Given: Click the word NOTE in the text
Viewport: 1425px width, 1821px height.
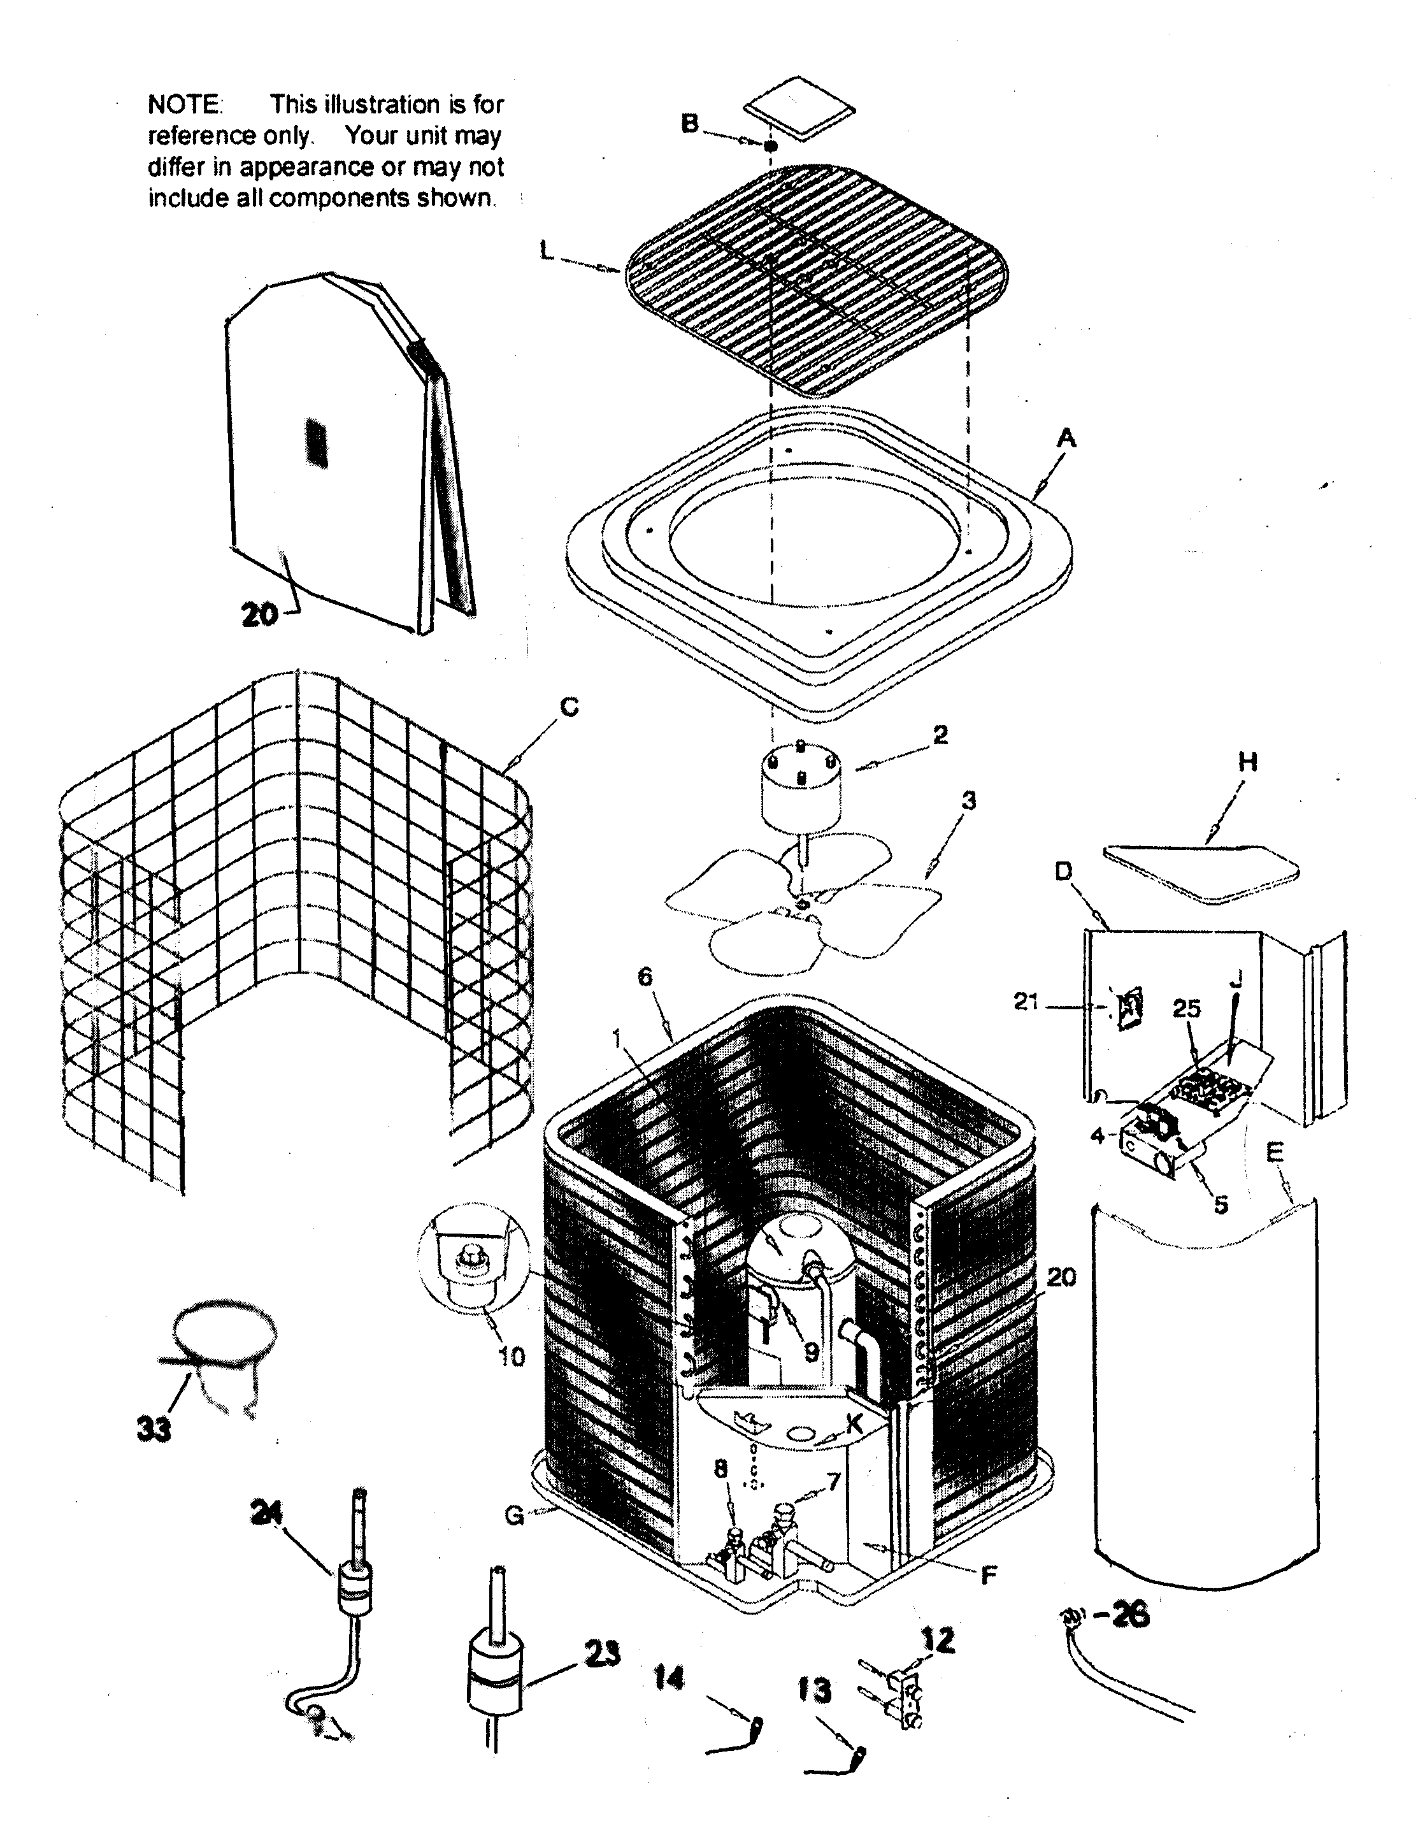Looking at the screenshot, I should tap(183, 104).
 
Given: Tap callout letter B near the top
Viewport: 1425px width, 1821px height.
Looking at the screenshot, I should tap(689, 124).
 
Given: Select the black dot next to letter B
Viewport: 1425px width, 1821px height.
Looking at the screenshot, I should tap(771, 146).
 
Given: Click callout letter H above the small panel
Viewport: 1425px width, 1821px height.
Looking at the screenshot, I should tap(1247, 761).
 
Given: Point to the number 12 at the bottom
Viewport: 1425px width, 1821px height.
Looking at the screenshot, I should tap(938, 1640).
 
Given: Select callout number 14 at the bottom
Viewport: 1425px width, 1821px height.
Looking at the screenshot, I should tap(668, 1678).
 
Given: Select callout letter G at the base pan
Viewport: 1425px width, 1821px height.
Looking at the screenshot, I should tap(515, 1515).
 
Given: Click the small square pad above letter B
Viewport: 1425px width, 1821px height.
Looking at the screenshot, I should tap(800, 108).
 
